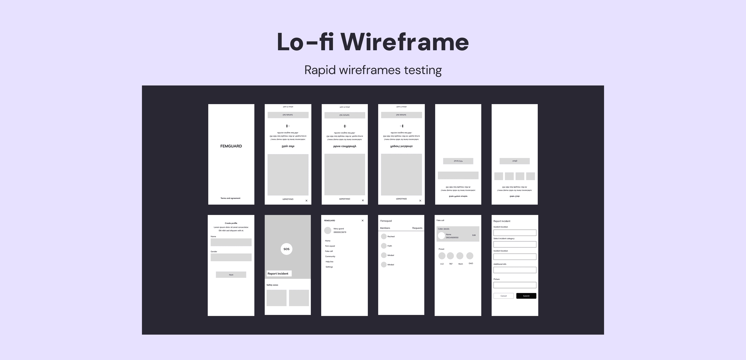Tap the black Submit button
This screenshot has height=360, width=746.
click(x=526, y=296)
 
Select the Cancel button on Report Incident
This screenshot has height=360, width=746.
click(x=503, y=296)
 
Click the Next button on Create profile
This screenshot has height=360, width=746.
click(x=231, y=275)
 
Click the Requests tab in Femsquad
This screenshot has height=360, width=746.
click(x=417, y=228)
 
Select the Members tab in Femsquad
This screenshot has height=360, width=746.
click(x=385, y=228)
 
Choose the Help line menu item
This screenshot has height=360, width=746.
click(x=329, y=262)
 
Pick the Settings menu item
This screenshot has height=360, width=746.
click(x=329, y=267)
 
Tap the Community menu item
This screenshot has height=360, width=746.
click(x=330, y=256)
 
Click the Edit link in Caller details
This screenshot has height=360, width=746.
click(x=474, y=235)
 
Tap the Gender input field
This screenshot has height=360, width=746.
click(x=231, y=257)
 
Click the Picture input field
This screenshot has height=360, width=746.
click(x=515, y=285)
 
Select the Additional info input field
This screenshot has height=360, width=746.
click(x=515, y=270)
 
